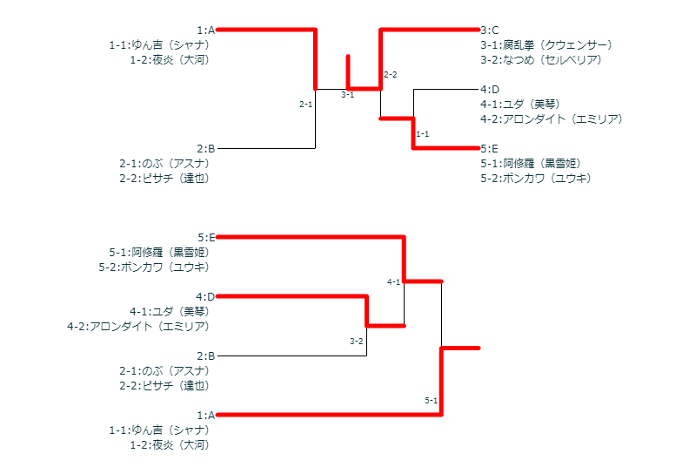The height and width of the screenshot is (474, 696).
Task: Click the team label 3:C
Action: click(490, 30)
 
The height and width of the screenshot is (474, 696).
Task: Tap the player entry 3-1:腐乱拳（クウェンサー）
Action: click(546, 44)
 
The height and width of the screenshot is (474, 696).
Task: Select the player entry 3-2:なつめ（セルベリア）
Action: click(541, 59)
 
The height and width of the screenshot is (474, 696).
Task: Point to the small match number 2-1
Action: click(305, 105)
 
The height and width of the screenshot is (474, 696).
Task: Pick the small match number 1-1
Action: click(423, 134)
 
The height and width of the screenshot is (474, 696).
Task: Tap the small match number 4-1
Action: click(394, 281)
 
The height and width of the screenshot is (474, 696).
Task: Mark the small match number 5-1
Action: click(432, 400)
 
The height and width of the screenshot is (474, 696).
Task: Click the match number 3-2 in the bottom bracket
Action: click(357, 341)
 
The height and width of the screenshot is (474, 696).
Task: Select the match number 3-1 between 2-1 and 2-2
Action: click(347, 95)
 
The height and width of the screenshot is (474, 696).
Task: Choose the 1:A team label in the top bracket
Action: click(205, 30)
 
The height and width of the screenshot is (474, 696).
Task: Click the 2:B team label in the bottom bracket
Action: click(205, 355)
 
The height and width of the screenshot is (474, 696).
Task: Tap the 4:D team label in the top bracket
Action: click(490, 89)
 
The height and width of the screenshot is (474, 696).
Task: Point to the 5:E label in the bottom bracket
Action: click(205, 237)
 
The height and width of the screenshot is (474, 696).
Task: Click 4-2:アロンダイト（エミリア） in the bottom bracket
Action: click(138, 326)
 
